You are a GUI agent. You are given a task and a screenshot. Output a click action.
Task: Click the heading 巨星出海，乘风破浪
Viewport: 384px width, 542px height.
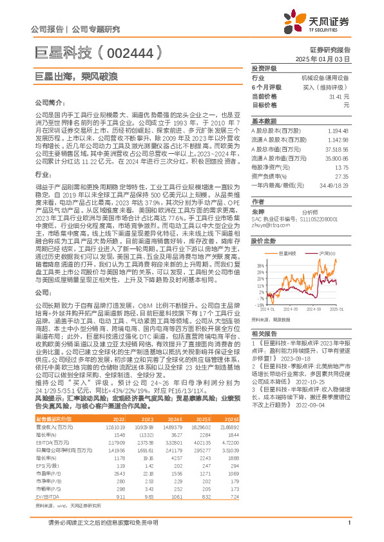pos(84,77)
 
